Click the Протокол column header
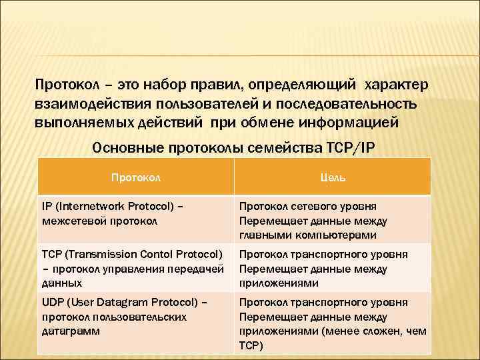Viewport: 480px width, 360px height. (x=136, y=177)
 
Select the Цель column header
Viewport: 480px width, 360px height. (x=332, y=177)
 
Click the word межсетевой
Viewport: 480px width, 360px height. (x=70, y=221)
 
